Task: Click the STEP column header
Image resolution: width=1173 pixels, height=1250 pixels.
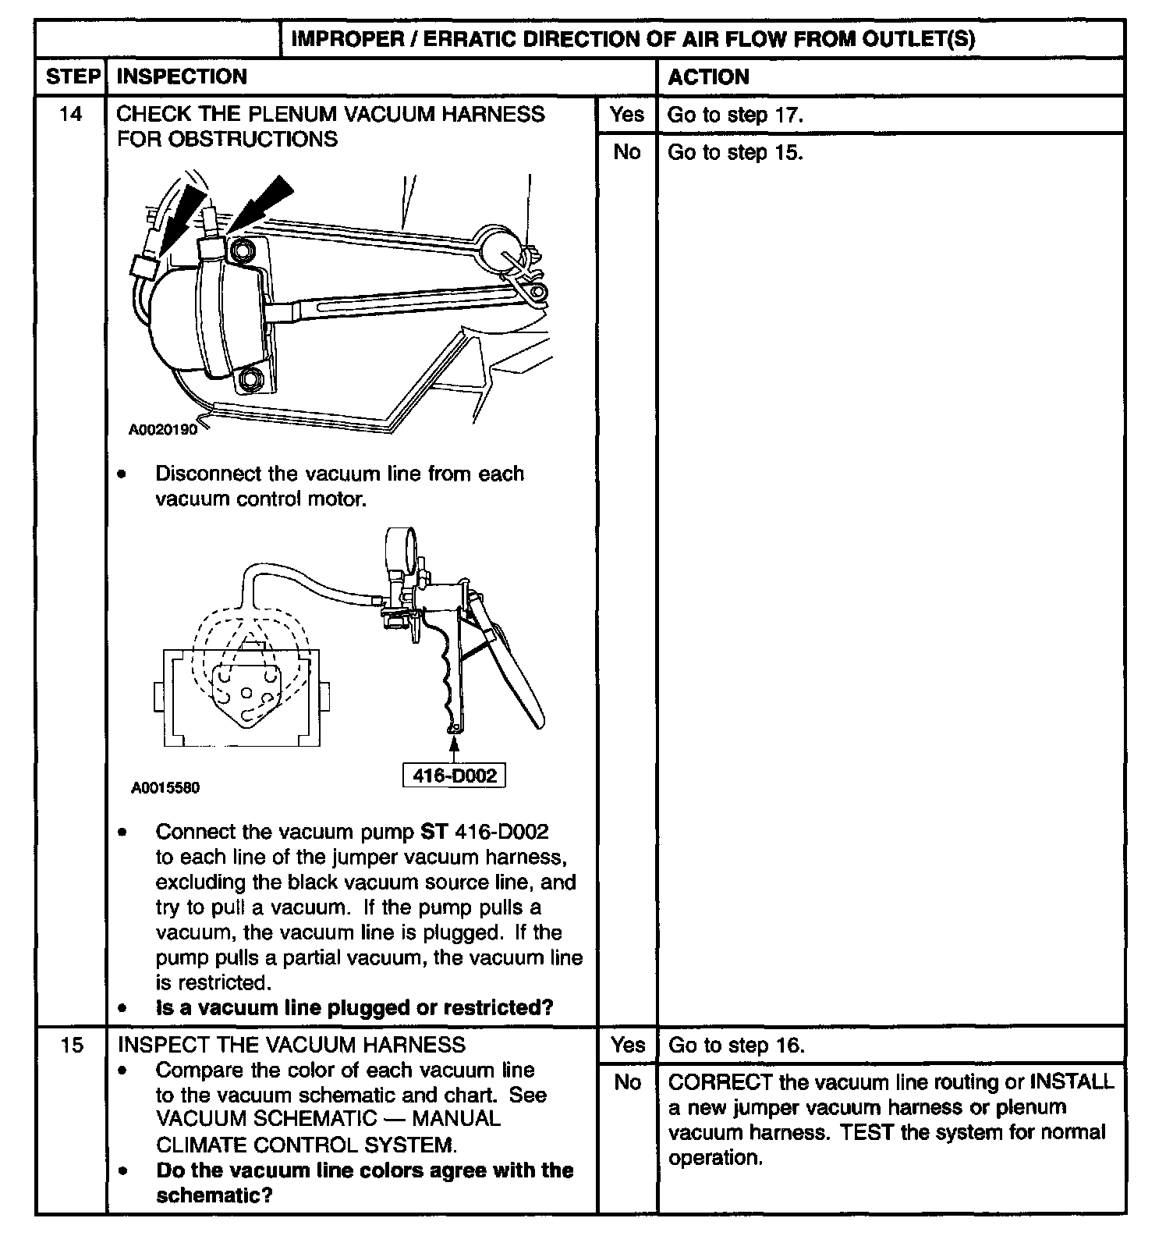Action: coord(71,76)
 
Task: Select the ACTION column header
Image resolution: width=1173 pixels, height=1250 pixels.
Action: coord(708,76)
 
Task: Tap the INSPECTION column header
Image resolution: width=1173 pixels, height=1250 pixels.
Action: coord(181,76)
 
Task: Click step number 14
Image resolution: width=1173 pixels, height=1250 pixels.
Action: coord(70,115)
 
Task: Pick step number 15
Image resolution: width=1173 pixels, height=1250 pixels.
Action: coord(71,1045)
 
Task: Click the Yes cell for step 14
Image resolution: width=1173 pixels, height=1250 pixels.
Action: coord(627,115)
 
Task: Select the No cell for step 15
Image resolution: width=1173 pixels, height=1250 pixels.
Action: coord(627,1082)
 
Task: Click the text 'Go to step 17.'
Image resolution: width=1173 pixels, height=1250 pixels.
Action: coord(735,115)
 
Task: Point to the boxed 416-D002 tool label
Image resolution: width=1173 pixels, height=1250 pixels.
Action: coord(453,776)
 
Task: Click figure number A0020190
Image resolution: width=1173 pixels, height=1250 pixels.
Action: coord(163,429)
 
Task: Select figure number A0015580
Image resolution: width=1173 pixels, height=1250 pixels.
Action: coord(165,788)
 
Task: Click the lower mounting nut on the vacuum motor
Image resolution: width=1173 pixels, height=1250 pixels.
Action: coord(250,380)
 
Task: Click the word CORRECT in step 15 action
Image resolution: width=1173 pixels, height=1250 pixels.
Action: coord(711,1082)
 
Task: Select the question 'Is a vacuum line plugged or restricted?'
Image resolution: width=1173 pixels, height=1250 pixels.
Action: coord(354,1007)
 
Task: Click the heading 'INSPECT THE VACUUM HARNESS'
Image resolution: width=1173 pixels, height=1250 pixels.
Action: coord(290,1045)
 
